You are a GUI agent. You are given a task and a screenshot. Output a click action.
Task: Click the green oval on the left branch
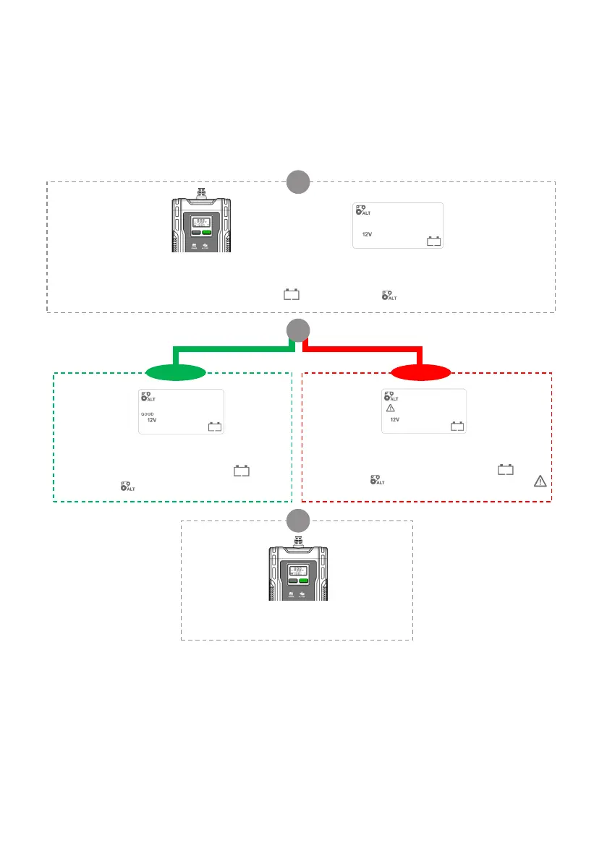tap(176, 373)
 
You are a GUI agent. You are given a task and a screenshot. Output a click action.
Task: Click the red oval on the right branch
tap(420, 373)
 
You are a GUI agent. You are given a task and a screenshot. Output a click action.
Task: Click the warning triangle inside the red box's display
tap(390, 408)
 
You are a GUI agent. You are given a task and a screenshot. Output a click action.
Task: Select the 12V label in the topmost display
tap(368, 234)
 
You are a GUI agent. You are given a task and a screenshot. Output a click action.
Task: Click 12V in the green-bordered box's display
tap(152, 420)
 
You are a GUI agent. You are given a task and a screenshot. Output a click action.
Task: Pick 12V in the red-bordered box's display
tap(395, 420)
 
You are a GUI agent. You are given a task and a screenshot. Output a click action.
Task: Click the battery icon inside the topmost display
tap(433, 241)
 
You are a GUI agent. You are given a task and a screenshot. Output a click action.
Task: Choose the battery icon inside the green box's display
tap(215, 427)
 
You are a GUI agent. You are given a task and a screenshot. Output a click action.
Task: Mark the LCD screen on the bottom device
tap(296, 569)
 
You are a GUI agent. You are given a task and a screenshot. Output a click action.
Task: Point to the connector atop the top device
tap(201, 193)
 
